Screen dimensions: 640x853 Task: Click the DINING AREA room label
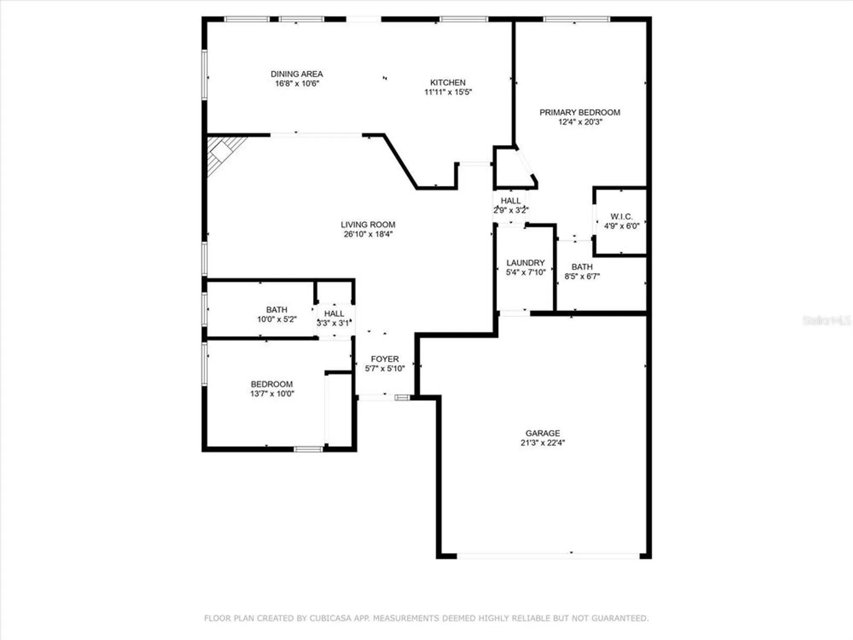(x=296, y=74)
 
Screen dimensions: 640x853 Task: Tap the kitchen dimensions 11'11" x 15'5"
(x=448, y=92)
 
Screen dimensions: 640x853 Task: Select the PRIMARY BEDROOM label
(x=580, y=112)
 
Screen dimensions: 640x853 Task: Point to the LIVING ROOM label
(x=368, y=224)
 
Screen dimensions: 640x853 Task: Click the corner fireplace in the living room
(x=222, y=151)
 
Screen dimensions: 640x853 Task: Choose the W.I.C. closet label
(x=621, y=216)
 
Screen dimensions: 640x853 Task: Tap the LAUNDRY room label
(x=525, y=263)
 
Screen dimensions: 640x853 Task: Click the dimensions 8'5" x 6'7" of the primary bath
(x=582, y=276)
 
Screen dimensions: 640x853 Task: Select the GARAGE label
(x=543, y=433)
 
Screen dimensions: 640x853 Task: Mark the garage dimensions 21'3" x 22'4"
(x=543, y=443)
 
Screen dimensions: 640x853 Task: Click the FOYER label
(x=385, y=359)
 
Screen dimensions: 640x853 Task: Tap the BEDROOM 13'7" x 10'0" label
(x=272, y=384)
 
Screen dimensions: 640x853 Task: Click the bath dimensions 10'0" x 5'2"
(x=277, y=319)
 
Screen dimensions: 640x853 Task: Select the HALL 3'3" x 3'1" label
(x=334, y=314)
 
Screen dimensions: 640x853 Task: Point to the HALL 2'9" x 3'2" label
(x=511, y=201)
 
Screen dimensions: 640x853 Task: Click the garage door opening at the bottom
(x=548, y=556)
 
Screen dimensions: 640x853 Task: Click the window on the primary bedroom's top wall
(x=576, y=19)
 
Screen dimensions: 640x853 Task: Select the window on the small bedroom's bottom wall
(x=308, y=449)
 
